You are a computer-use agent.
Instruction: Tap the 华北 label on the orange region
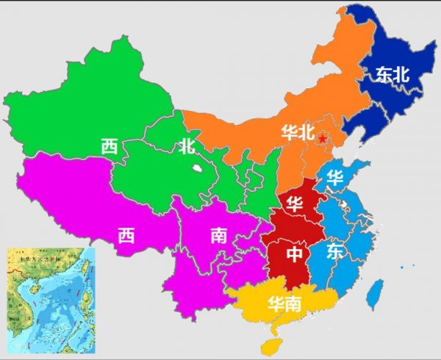297,132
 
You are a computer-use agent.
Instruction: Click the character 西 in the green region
110,146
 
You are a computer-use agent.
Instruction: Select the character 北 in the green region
186,146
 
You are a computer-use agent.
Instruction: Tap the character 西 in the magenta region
126,234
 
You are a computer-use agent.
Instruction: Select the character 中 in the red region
294,254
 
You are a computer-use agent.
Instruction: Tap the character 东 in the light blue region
335,252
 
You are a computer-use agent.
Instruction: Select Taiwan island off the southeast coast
374,293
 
